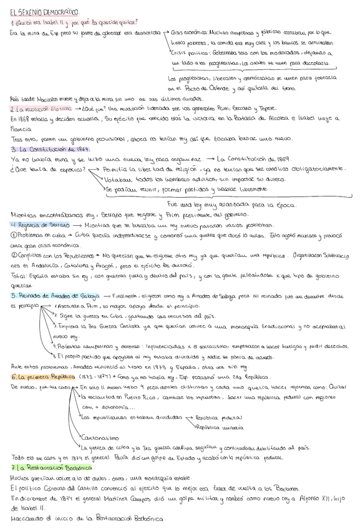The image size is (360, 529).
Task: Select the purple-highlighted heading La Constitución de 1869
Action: click(52, 150)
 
